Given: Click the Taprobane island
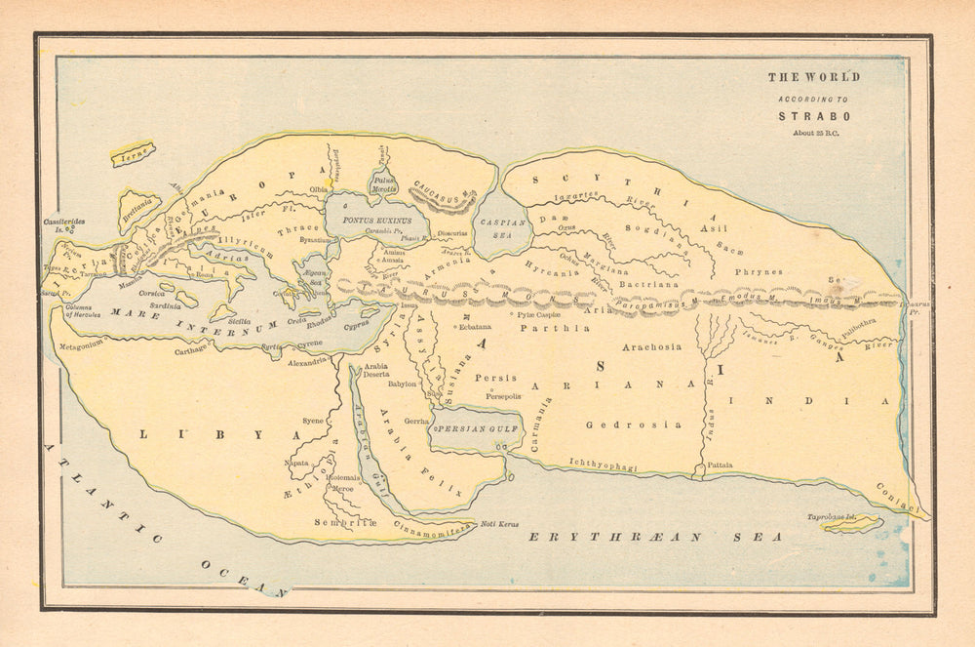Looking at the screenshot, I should pyautogui.click(x=850, y=524).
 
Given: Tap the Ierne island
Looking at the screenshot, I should pyautogui.click(x=132, y=154).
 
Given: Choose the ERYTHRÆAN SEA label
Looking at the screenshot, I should pyautogui.click(x=654, y=537).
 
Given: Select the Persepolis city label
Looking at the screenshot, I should pyautogui.click(x=498, y=396).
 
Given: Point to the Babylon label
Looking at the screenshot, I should pyautogui.click(x=402, y=384).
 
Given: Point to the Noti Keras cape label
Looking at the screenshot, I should pyautogui.click(x=499, y=525).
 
